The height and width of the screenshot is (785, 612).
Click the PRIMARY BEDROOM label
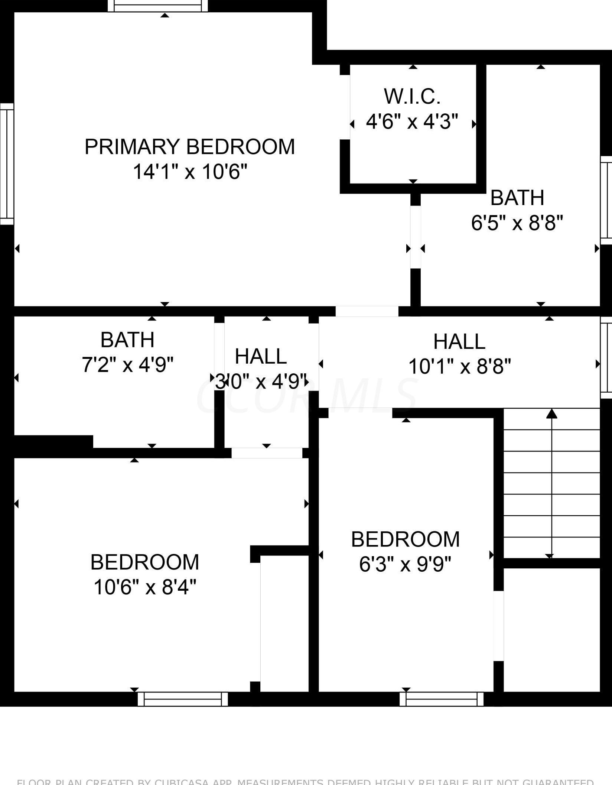[x=190, y=147]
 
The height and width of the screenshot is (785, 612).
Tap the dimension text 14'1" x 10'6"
[x=190, y=172]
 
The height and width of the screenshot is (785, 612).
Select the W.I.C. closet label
[x=412, y=96]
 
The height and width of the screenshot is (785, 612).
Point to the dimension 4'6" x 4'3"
[x=412, y=121]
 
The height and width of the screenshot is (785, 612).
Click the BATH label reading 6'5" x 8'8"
[x=517, y=198]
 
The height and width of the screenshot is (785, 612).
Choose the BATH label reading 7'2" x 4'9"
[x=127, y=340]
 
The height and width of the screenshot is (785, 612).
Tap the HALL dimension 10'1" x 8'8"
[x=459, y=367]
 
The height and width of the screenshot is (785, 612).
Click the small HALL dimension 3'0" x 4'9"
[x=261, y=382]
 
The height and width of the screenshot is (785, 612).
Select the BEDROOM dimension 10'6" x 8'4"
[x=145, y=587]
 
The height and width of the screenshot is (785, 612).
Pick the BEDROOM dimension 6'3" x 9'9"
[x=405, y=564]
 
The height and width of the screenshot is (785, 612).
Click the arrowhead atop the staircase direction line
[x=552, y=413]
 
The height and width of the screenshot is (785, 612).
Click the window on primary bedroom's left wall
[x=6, y=164]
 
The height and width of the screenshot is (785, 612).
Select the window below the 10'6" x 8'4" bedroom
[x=183, y=699]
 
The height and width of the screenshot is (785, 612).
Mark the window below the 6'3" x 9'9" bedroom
[x=442, y=699]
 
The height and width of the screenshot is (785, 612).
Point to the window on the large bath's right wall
[x=606, y=200]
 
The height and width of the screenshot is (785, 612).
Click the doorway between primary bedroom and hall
[x=367, y=311]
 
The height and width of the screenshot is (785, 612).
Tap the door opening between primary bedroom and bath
[x=416, y=237]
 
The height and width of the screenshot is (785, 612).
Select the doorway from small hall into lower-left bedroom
[x=267, y=453]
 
